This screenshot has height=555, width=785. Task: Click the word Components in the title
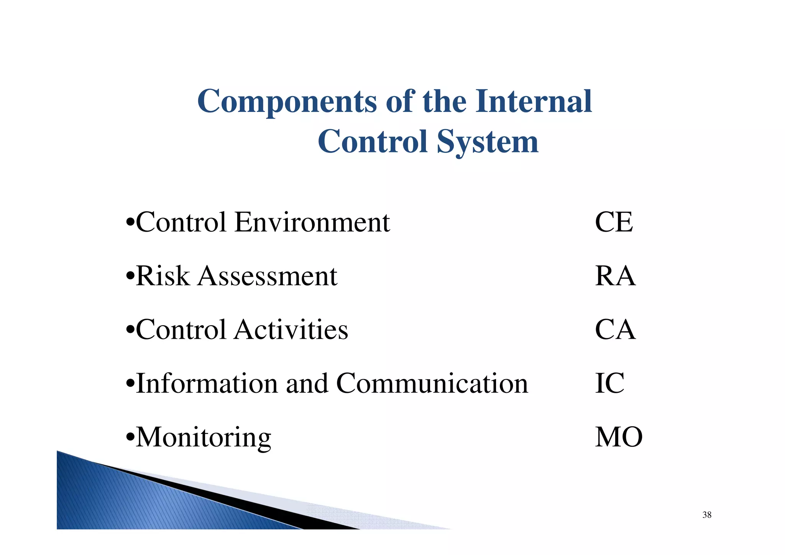[x=287, y=102]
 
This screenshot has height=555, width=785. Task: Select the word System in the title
[x=487, y=142]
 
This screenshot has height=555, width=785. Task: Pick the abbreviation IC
[x=609, y=383]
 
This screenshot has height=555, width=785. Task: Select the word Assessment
[x=267, y=276]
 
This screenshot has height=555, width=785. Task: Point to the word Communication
[x=432, y=383]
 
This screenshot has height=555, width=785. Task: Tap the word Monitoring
[x=204, y=438]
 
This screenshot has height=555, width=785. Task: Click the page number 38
[x=707, y=515]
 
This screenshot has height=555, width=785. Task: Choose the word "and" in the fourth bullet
[x=307, y=383]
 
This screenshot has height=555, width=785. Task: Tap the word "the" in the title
[x=444, y=101]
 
